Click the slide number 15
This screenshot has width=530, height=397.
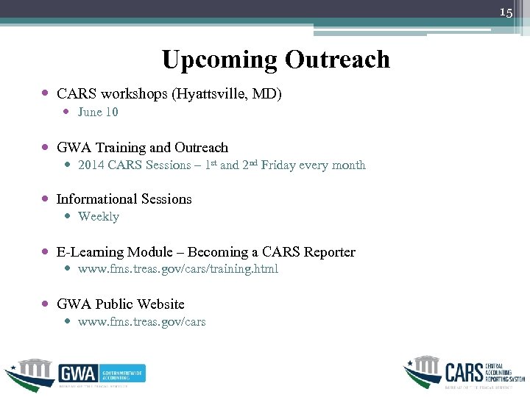click(x=506, y=12)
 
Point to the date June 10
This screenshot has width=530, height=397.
click(x=98, y=112)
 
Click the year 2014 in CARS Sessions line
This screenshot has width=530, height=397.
click(x=91, y=165)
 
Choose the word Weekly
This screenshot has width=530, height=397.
click(x=98, y=217)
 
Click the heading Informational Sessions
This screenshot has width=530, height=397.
click(x=124, y=199)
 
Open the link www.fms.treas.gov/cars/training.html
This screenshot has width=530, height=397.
click(x=178, y=269)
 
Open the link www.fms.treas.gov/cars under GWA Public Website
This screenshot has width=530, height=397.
click(x=141, y=322)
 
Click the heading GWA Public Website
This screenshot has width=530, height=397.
click(x=120, y=304)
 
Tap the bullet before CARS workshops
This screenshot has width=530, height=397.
click(x=46, y=94)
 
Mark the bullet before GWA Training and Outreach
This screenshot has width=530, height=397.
click(x=46, y=148)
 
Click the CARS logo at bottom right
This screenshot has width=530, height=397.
click(x=464, y=372)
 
